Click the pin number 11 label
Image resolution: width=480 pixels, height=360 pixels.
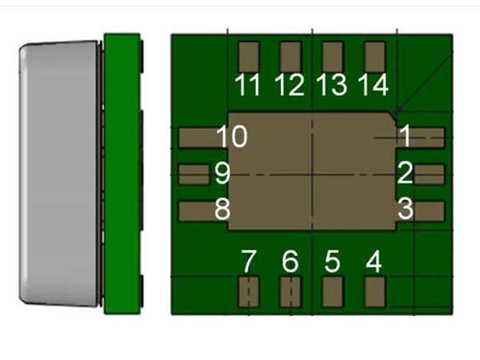[248, 85]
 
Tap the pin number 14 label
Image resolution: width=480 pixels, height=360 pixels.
[373, 85]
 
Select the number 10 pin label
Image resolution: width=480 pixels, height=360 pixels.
[232, 136]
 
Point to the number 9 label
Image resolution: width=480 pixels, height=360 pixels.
[222, 174]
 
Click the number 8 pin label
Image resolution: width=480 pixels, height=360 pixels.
[222, 209]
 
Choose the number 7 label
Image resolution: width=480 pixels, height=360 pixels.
[248, 261]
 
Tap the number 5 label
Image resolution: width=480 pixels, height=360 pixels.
[332, 261]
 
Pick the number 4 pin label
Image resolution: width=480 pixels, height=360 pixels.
[374, 261]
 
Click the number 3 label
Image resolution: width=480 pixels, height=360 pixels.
[406, 209]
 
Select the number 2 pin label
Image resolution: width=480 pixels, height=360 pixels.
[406, 174]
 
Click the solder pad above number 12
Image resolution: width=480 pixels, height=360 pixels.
[290, 57]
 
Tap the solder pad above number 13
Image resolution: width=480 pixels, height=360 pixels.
[333, 57]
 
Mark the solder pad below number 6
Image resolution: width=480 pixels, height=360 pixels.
[290, 292]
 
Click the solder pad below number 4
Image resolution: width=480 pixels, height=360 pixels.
[375, 292]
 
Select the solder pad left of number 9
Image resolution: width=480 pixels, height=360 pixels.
[194, 174]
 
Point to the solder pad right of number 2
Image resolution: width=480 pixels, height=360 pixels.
[429, 174]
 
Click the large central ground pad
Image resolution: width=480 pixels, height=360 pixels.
[312, 171]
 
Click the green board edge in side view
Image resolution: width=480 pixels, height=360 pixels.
[122, 174]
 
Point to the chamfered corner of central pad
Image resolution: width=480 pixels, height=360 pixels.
[393, 116]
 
